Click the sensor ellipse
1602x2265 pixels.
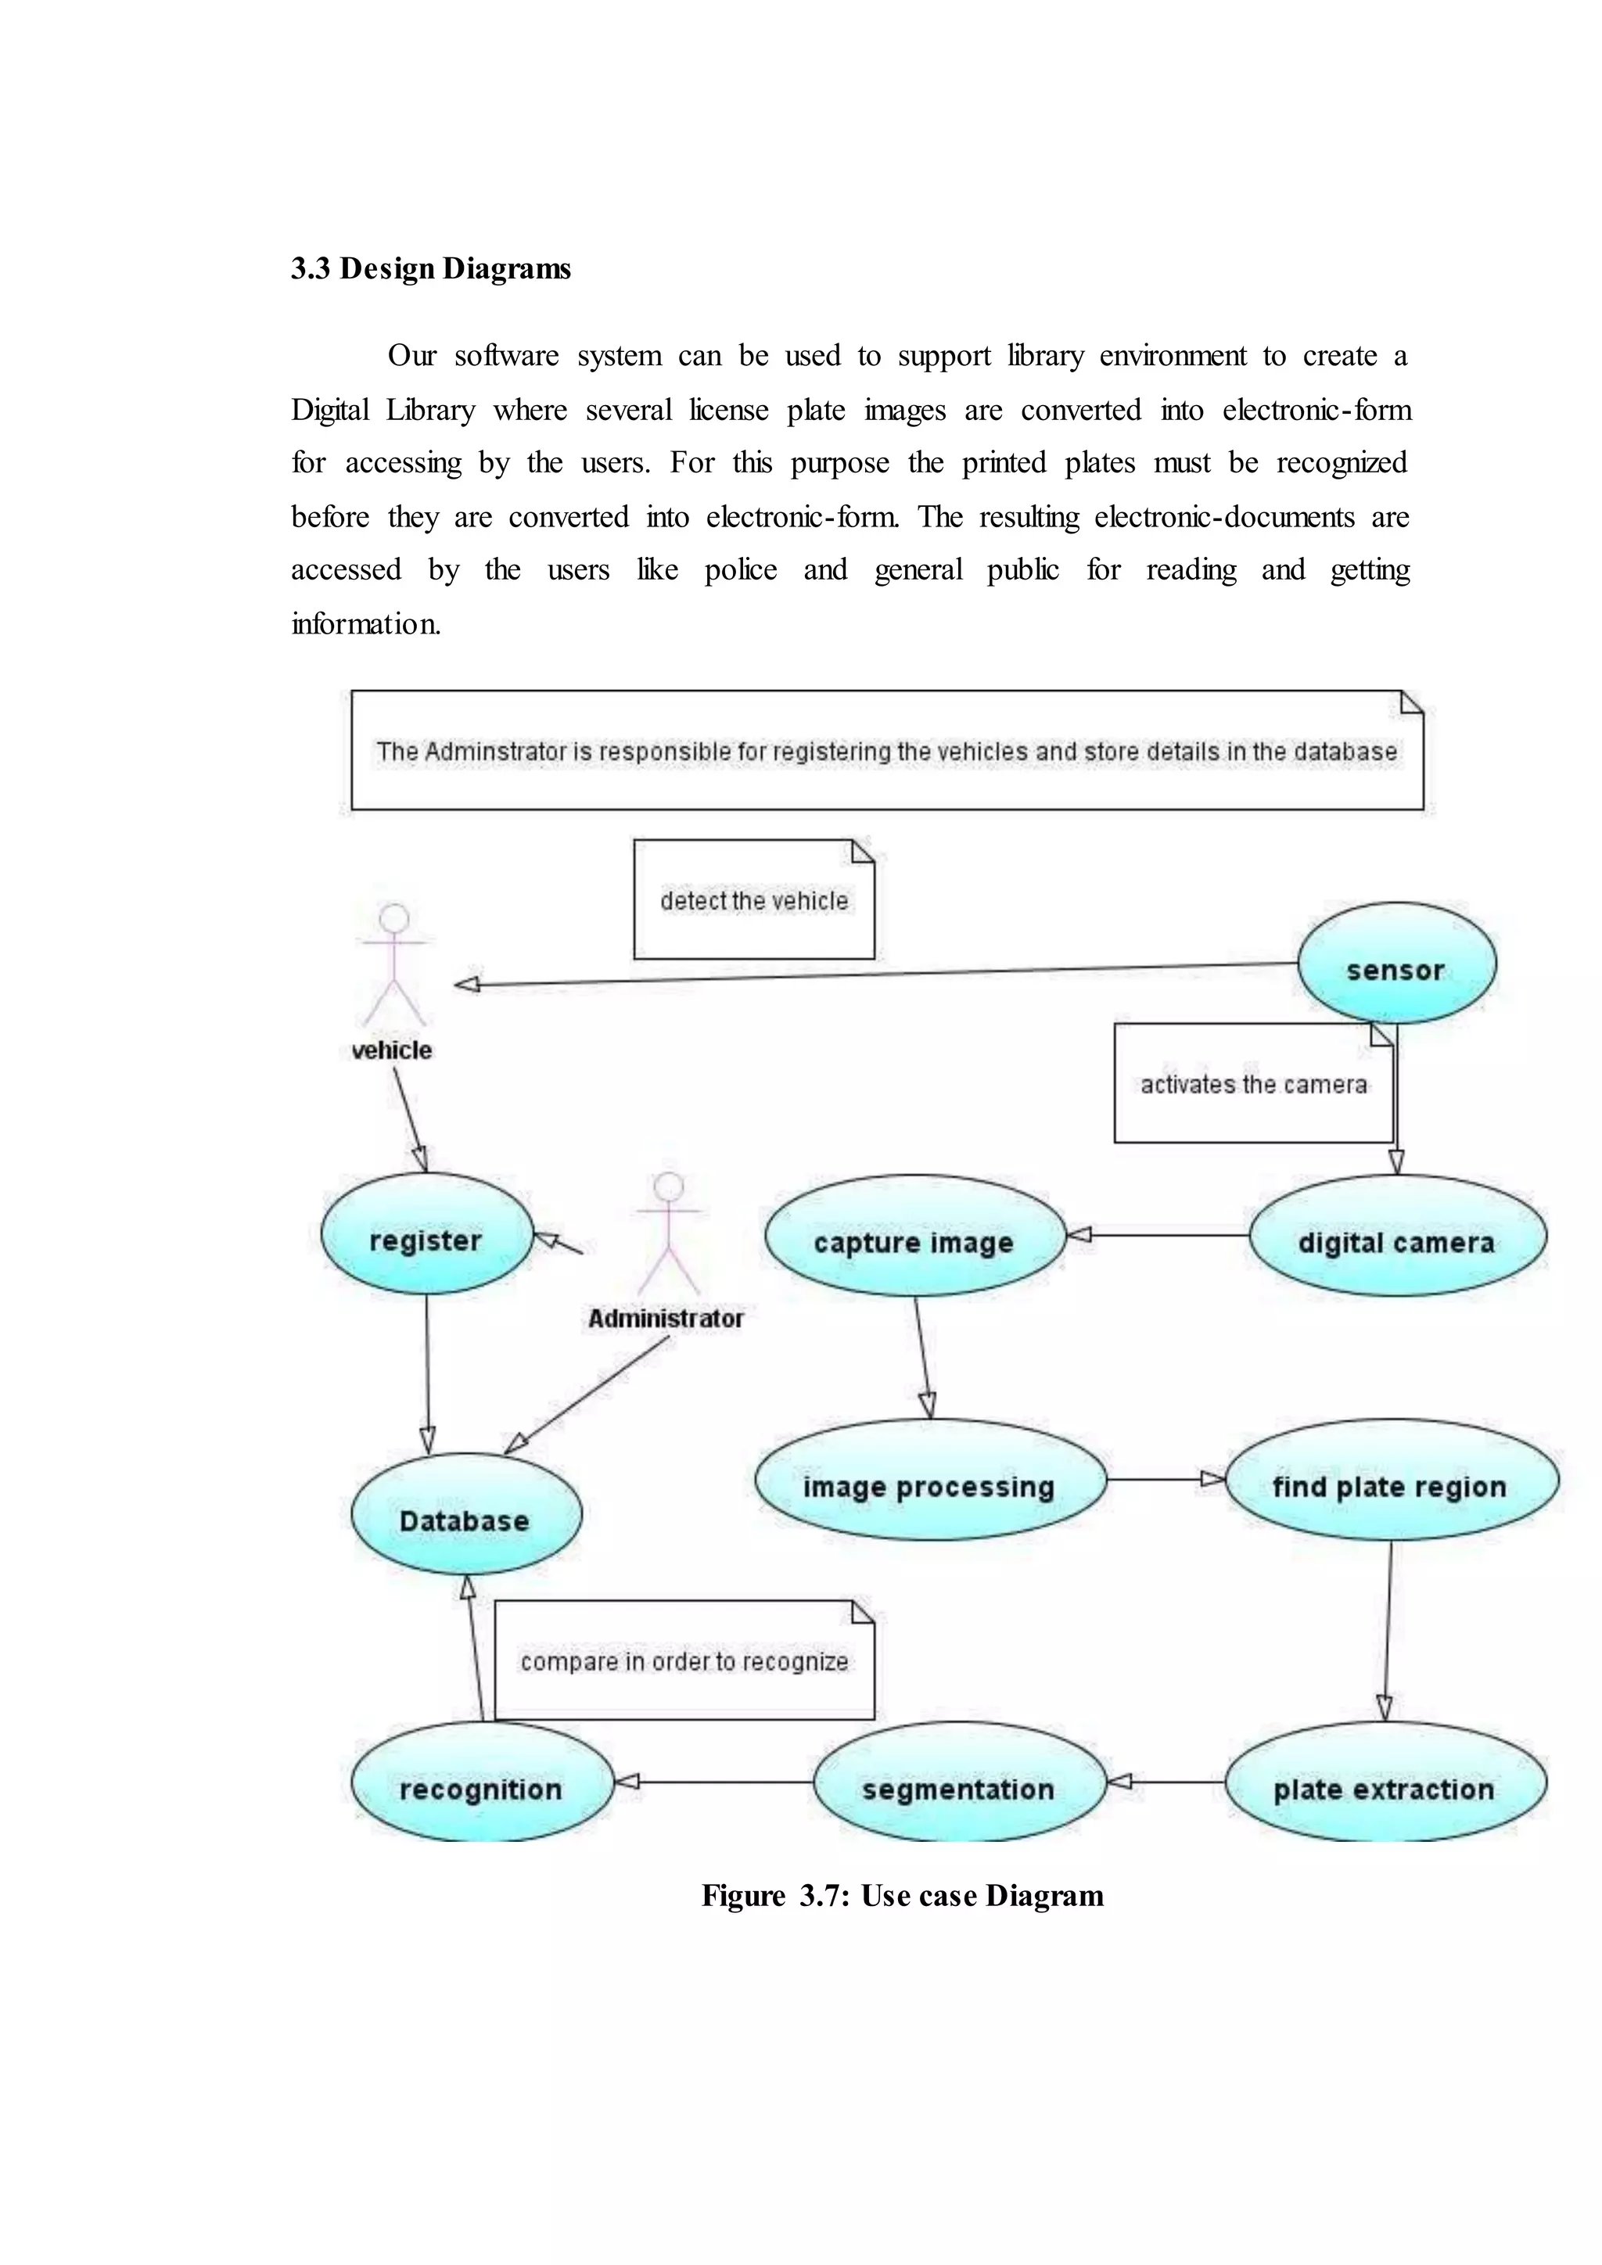1395,963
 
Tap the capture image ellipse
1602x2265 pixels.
914,1236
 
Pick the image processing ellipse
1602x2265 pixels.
929,1480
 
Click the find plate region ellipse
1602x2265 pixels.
1391,1480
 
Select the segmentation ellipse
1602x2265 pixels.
959,1782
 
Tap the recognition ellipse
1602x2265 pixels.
481,1782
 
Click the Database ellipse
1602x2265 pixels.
465,1514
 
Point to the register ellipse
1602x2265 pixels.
426,1234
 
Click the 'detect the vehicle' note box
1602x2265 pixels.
753,899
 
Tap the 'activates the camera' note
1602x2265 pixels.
1253,1083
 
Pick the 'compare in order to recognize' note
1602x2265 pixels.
684,1661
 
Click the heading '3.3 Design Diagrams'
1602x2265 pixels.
431,268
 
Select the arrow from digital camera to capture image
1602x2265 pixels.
1158,1235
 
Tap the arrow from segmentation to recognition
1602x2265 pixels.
714,1782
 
